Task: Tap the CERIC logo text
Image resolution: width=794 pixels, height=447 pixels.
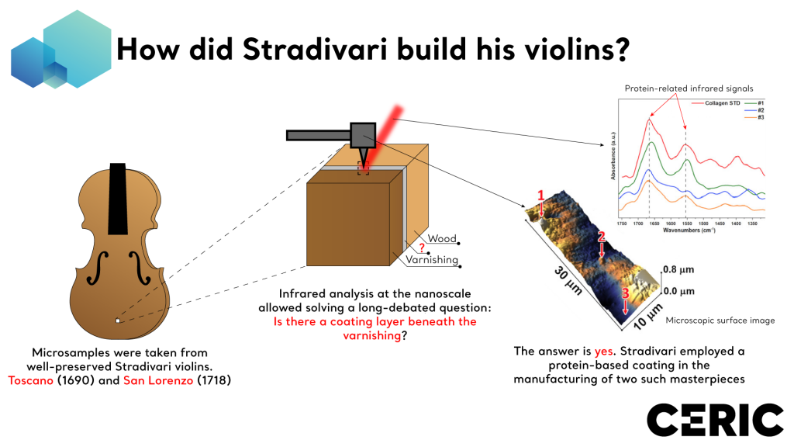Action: (714, 419)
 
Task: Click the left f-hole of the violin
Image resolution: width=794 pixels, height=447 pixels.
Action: (97, 268)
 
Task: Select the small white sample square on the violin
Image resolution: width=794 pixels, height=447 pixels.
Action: (117, 321)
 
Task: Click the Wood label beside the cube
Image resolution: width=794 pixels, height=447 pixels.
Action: (442, 238)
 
